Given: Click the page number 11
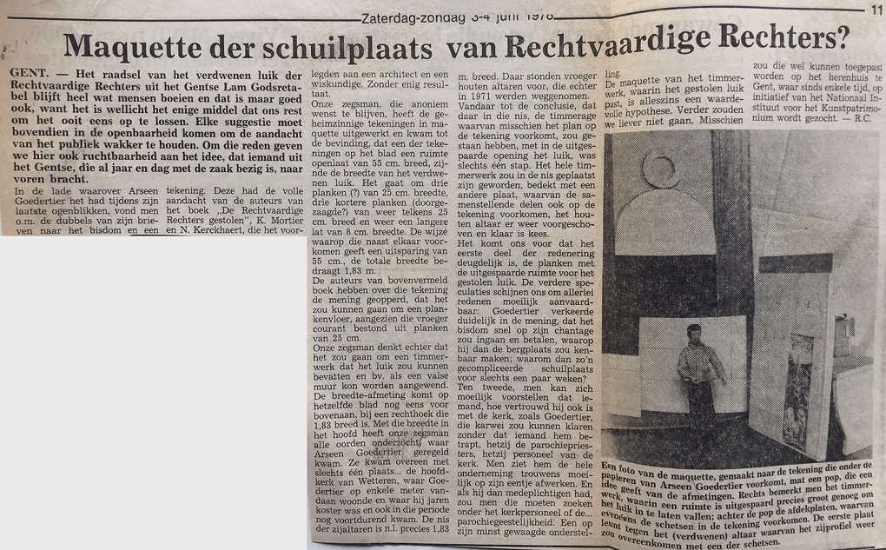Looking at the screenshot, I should pyautogui.click(x=875, y=10).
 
